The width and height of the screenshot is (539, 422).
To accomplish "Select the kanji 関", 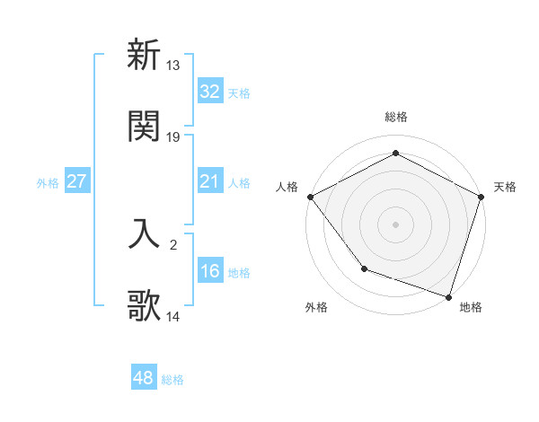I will click(x=144, y=126).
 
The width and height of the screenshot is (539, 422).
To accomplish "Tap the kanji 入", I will click(x=144, y=233).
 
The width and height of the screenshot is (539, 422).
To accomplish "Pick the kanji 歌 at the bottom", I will click(x=144, y=306).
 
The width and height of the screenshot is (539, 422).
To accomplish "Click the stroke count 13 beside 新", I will click(x=173, y=66).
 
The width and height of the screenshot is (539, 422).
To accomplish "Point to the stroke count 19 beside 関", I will click(x=173, y=137).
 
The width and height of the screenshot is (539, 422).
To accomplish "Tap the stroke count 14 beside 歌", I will click(x=173, y=317).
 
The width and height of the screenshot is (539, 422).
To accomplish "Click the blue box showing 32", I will click(x=209, y=92).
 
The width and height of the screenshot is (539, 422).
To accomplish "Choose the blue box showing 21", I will click(x=209, y=181).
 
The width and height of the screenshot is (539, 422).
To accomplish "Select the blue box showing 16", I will click(x=209, y=271).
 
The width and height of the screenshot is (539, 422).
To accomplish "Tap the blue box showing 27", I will click(x=76, y=181).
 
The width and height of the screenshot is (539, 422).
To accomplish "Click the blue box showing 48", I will click(x=143, y=379).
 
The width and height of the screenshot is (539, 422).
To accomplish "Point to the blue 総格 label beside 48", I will click(x=172, y=380).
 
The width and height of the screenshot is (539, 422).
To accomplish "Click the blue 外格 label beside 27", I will click(x=48, y=182).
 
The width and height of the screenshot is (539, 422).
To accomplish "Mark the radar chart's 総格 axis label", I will click(x=395, y=117).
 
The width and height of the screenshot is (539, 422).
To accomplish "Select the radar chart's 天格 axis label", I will click(x=505, y=187).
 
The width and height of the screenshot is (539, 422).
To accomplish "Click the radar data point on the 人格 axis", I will click(x=310, y=196).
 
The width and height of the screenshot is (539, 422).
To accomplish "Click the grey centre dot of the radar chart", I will click(x=395, y=224).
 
